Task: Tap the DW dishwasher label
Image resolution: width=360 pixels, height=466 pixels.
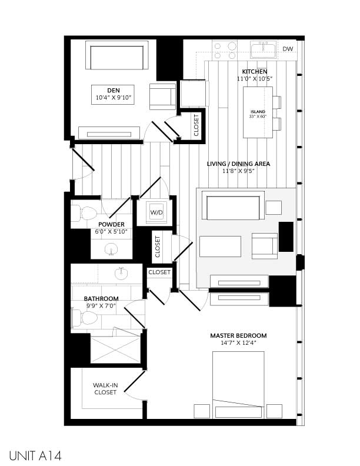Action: pos(288,49)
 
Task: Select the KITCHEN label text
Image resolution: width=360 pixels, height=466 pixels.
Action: pos(254,72)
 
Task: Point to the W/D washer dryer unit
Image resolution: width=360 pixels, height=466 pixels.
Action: pos(156,212)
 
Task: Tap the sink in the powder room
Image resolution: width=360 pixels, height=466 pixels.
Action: pos(112,249)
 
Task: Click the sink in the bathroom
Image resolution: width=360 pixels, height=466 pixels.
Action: pos(122,272)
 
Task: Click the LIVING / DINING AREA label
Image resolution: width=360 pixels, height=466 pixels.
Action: pos(238,164)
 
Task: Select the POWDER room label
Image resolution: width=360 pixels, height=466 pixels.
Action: pos(111,224)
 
